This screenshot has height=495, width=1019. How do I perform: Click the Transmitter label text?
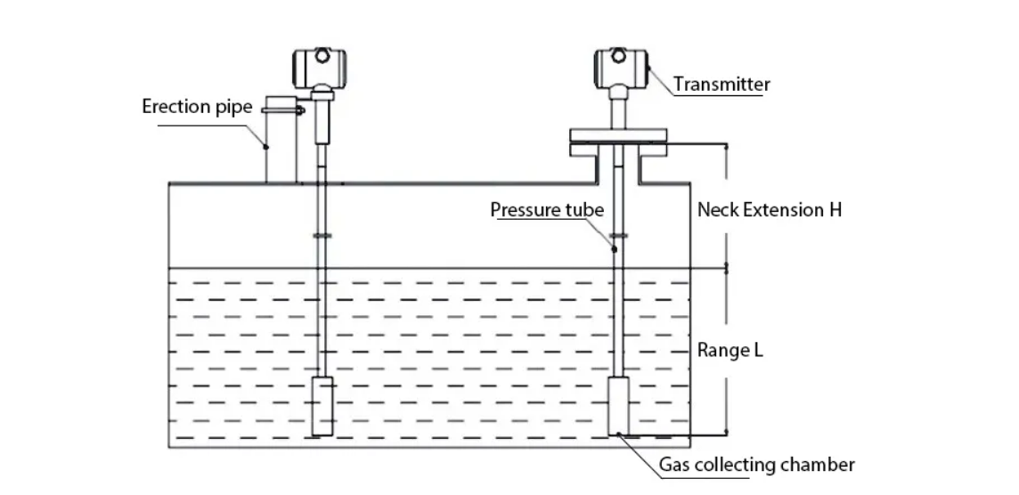(721, 85)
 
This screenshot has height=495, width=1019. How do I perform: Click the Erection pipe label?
(198, 107)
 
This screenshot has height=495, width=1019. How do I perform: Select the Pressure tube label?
(547, 210)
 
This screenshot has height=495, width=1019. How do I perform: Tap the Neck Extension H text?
(769, 210)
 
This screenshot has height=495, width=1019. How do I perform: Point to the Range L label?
(730, 351)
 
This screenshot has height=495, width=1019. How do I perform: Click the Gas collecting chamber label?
(756, 465)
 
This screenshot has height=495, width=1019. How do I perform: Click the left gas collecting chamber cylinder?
(321, 406)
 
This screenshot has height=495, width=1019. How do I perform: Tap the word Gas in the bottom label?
(674, 465)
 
